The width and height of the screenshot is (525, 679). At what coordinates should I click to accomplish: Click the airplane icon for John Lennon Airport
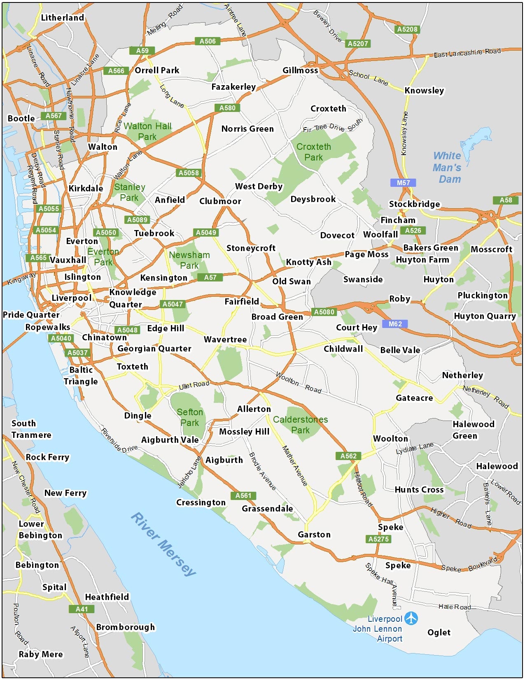411,618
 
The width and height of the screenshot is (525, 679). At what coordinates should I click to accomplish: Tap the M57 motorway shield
403,183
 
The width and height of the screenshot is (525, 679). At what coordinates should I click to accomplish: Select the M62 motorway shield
395,324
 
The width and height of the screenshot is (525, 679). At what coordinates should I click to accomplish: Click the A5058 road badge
189,173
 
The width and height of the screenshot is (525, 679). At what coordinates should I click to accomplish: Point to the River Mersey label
163,544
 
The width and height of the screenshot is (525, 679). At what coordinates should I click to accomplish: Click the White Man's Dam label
447,167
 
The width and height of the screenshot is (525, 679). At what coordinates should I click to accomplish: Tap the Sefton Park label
190,417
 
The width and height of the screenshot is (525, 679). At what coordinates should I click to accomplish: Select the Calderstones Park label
300,425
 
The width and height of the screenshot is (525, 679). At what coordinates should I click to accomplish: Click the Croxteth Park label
313,152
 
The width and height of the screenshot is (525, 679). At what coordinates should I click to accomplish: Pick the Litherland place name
63,18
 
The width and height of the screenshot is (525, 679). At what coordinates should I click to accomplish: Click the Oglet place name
439,632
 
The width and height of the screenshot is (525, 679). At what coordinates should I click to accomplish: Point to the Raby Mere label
41,654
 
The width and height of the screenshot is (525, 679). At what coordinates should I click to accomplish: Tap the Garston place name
314,535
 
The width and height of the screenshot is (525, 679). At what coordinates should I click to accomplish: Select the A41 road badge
82,609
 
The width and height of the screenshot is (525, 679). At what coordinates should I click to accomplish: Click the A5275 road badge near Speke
378,539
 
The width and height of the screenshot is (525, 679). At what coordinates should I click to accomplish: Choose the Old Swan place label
292,281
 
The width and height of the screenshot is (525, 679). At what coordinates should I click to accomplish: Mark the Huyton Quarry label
485,316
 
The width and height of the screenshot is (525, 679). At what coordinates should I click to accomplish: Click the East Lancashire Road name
467,53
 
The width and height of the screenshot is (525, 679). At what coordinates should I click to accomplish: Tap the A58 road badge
506,200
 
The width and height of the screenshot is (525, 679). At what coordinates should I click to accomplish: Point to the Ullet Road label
194,385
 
